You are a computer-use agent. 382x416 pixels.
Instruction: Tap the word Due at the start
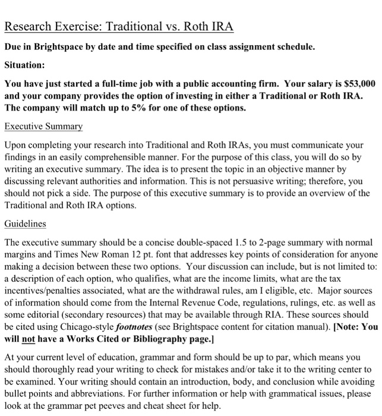click(14, 47)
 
